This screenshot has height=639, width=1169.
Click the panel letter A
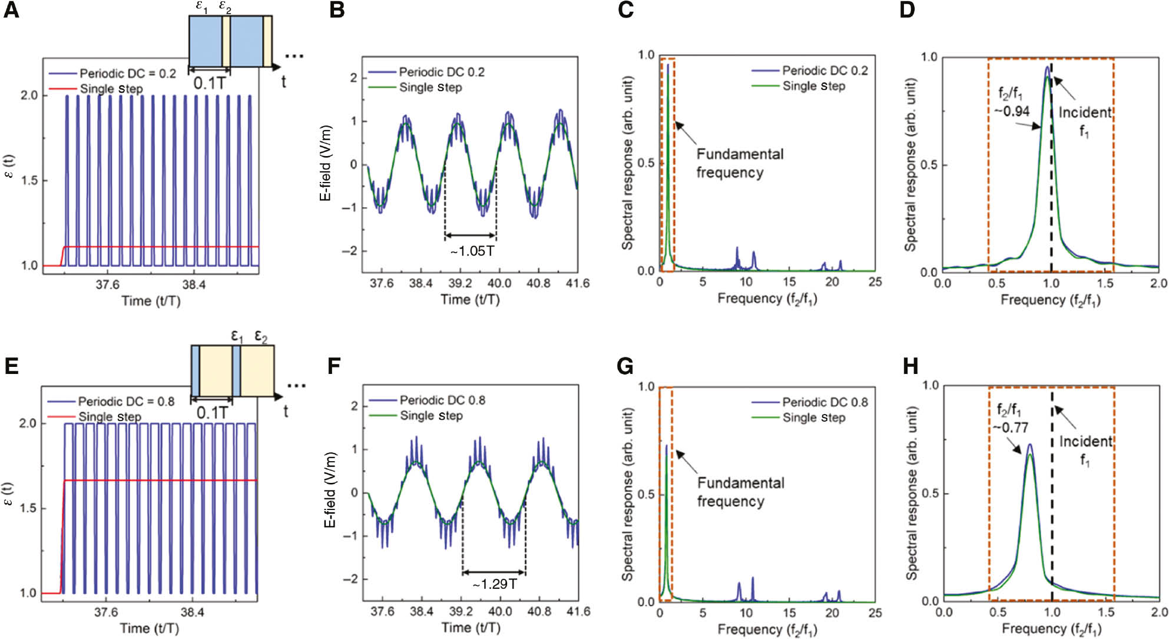click(12, 11)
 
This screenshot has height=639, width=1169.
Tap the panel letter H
click(910, 366)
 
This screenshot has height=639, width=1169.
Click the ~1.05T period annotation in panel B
click(472, 251)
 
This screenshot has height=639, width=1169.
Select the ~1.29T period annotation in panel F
click(495, 584)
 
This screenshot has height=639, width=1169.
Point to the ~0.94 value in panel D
click(1012, 111)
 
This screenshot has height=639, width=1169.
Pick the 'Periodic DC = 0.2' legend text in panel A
click(127, 74)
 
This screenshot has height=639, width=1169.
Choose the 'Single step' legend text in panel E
click(110, 417)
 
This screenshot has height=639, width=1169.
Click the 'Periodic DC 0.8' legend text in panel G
click(824, 402)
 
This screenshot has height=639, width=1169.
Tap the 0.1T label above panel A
click(209, 83)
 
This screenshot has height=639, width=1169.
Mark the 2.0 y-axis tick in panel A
click(29, 95)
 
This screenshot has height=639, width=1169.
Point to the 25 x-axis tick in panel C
click(875, 282)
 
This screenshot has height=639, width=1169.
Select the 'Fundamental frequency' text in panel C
click(739, 163)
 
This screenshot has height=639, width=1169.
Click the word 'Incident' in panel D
click(1085, 112)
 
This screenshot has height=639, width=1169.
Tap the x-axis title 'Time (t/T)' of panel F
click(471, 628)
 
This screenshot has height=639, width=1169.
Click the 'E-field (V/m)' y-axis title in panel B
click(326, 163)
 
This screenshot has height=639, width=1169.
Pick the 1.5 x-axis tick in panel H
click(1107, 612)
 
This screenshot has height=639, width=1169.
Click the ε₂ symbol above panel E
click(261, 337)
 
